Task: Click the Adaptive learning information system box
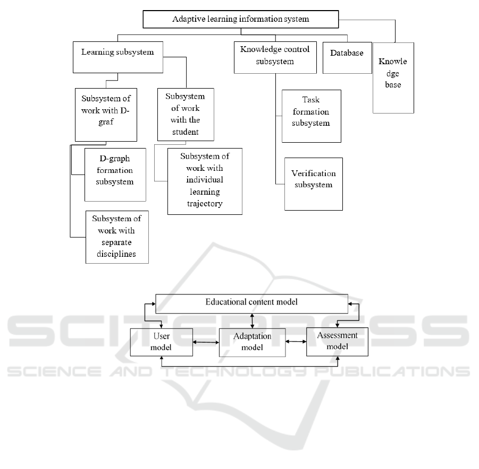click(241, 19)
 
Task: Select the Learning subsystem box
click(118, 57)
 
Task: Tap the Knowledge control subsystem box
click(275, 58)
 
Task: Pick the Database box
click(347, 58)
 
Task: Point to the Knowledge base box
click(393, 78)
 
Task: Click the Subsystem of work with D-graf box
click(106, 115)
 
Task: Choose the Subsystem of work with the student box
click(186, 115)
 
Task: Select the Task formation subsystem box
click(312, 116)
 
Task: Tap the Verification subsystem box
click(314, 184)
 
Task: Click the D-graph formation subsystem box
click(115, 175)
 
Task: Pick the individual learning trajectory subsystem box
click(205, 181)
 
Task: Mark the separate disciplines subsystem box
click(117, 237)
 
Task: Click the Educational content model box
click(251, 303)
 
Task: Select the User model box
click(162, 342)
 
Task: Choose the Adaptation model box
click(253, 342)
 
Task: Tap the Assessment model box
click(337, 342)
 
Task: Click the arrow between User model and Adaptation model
click(206, 342)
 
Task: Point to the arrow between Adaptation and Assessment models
click(296, 342)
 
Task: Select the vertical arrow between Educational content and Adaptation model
click(252, 321)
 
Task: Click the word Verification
click(314, 173)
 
